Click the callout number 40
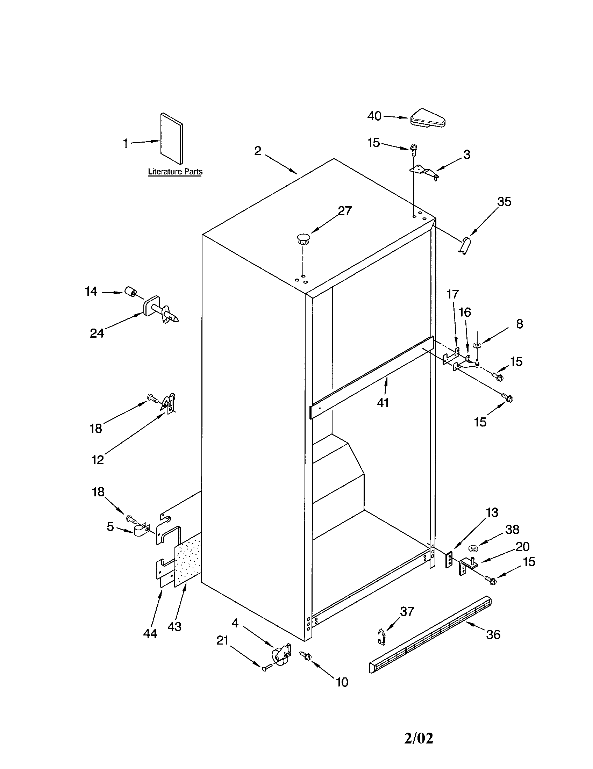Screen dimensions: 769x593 click(374, 116)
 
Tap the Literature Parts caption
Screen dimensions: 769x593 click(175, 172)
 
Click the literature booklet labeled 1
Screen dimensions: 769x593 click(171, 138)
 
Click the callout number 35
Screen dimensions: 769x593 click(504, 202)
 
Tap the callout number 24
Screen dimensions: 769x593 click(97, 333)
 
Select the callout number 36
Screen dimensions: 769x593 click(493, 634)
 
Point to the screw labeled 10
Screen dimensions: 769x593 click(305, 655)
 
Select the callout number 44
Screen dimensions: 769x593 click(150, 634)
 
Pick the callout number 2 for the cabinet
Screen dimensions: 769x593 click(258, 151)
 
